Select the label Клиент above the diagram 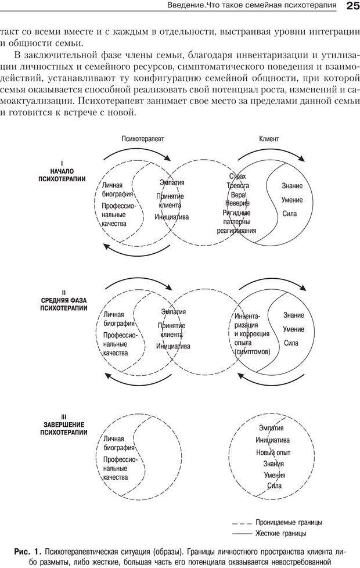[x=269, y=139]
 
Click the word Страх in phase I [x=237, y=176]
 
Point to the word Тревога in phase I [x=237, y=185]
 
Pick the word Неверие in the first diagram [x=237, y=203]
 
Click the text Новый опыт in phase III [x=273, y=452]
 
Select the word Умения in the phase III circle [x=273, y=474]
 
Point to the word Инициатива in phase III [x=272, y=440]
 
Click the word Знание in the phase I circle [x=292, y=186]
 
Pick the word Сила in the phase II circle [x=291, y=343]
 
